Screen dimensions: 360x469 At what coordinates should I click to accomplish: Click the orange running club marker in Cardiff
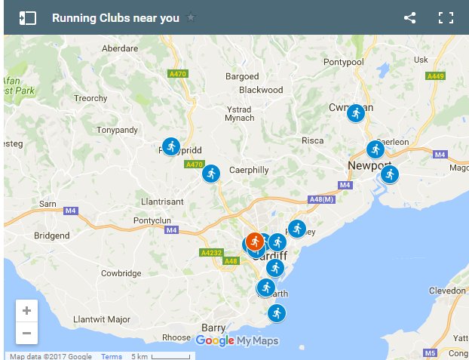point(255,241)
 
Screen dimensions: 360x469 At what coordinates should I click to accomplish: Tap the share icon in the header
point(409,18)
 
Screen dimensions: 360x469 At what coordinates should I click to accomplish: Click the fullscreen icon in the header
point(446,18)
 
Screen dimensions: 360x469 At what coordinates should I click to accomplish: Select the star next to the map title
point(191,17)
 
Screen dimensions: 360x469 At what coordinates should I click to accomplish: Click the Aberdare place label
point(119,47)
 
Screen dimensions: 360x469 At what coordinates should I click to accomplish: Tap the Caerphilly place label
point(249,170)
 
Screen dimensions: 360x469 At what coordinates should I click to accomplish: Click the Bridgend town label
point(51,235)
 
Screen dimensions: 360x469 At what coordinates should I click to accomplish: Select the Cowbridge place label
point(121,273)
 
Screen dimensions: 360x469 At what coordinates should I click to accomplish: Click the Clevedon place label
point(447,291)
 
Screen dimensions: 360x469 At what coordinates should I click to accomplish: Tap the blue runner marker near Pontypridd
point(172,146)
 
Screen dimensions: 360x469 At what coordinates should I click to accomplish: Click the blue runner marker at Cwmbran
point(356,113)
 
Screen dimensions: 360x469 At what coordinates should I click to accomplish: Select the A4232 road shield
point(210,253)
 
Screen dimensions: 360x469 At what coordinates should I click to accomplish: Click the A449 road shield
point(436,76)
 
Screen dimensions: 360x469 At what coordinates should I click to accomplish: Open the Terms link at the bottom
point(111,356)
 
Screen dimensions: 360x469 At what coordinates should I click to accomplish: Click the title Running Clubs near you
point(115,18)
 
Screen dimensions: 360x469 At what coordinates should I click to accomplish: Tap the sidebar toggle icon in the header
point(28,18)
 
